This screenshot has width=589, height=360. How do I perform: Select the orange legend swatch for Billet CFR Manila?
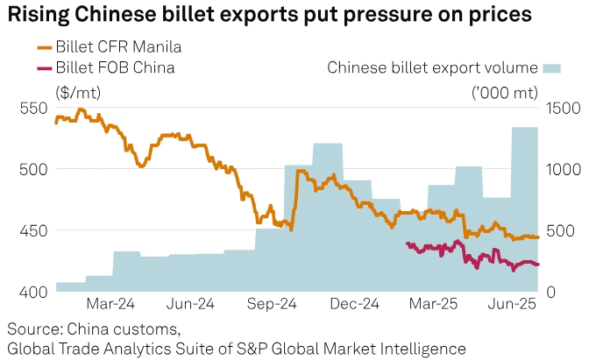[45, 46]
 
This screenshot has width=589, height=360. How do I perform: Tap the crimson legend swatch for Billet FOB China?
[45, 67]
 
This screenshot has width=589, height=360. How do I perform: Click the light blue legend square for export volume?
[551, 67]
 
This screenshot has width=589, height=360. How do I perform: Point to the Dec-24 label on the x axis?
[355, 305]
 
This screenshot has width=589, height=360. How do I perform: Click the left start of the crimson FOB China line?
[408, 244]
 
